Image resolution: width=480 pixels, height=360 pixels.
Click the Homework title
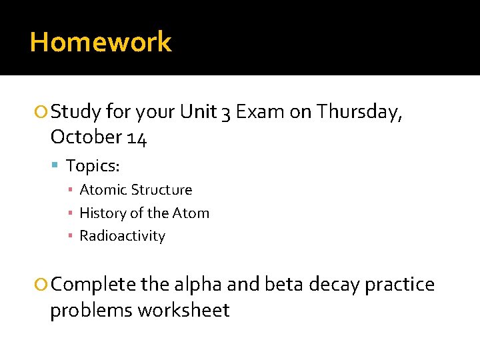(x=101, y=42)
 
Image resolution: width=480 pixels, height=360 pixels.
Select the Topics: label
(x=93, y=165)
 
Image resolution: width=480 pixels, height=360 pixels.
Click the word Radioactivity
(x=122, y=236)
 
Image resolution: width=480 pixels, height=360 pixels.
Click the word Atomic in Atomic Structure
(x=103, y=190)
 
